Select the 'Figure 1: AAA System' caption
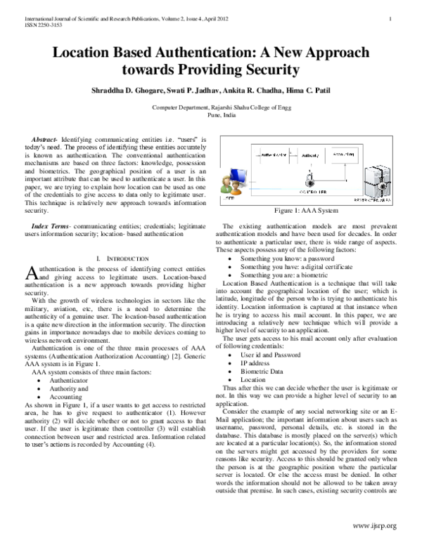pos(307,210)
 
